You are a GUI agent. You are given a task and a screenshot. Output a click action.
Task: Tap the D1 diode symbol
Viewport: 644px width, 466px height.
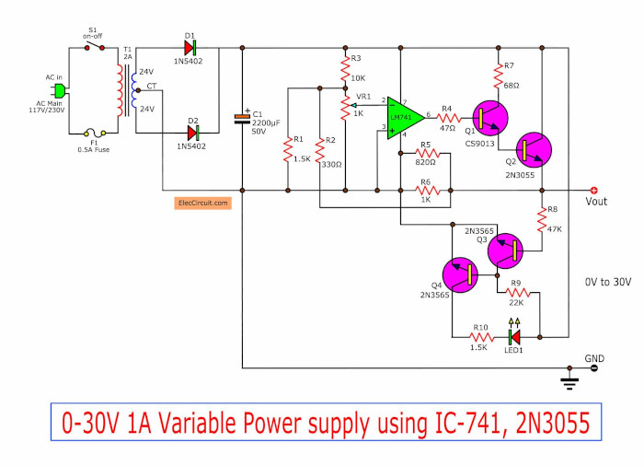[190, 46]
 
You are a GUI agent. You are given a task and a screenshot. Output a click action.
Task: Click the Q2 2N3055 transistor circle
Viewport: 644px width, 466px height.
[532, 150]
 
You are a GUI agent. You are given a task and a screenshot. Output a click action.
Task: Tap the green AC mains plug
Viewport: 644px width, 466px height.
[59, 90]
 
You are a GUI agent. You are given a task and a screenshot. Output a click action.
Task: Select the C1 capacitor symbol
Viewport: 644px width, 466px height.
[242, 116]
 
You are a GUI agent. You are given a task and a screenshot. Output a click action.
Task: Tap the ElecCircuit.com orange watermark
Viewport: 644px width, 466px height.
[201, 202]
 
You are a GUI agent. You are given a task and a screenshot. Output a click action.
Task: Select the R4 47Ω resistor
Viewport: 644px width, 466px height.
[447, 117]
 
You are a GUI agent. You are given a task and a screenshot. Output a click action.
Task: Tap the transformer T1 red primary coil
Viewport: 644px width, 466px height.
[117, 89]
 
